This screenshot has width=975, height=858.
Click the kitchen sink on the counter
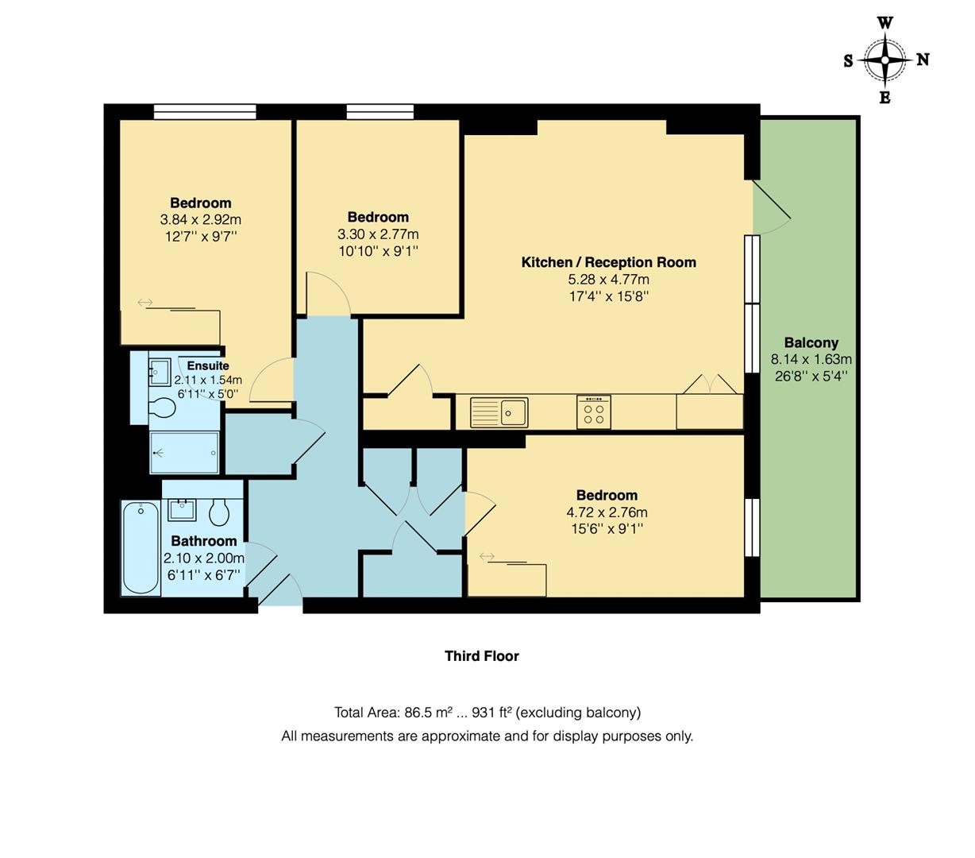[499, 412]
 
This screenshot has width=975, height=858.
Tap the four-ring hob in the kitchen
[593, 412]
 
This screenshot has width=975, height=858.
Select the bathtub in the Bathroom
[141, 547]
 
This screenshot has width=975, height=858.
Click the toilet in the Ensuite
[163, 408]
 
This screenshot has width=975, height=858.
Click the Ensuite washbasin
[159, 371]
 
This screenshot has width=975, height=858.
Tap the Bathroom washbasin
[182, 508]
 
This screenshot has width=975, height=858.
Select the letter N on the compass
[923, 60]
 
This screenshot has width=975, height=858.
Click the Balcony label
[811, 342]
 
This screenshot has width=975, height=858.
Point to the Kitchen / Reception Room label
[608, 262]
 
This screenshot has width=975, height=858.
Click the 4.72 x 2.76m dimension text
[607, 512]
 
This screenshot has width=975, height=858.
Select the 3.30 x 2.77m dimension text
[378, 234]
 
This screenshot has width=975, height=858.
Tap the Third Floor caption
[481, 656]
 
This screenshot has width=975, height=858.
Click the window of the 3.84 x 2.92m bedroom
[205, 112]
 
